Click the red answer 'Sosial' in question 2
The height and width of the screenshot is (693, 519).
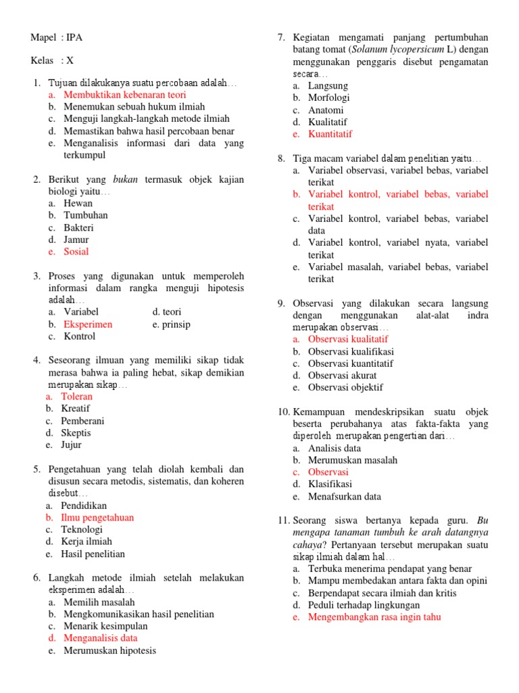point(76,252)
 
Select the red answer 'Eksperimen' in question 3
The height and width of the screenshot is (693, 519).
point(88,324)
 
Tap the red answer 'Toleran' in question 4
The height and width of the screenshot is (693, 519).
point(76,397)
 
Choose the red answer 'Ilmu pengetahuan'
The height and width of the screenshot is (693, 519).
point(99,518)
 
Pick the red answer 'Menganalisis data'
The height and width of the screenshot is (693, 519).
point(100,638)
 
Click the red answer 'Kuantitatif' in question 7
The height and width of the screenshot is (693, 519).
point(330,134)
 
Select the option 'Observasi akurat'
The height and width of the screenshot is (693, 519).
point(342,376)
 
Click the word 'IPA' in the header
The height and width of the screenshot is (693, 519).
point(74,37)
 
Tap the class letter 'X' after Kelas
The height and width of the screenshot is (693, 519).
point(70,60)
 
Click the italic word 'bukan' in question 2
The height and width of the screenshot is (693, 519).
point(125,179)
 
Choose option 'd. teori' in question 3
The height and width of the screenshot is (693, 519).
point(167,312)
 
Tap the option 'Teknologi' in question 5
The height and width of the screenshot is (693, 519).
point(82,530)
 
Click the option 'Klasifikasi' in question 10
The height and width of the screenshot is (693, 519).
point(330,485)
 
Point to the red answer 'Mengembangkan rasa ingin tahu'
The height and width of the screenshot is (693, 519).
point(374,617)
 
